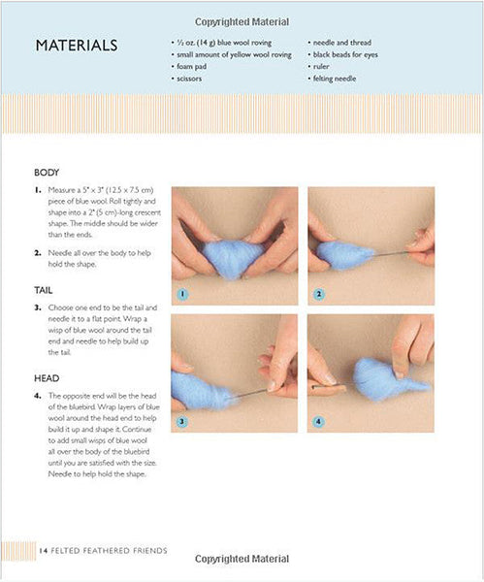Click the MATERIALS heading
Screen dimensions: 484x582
coord(77,46)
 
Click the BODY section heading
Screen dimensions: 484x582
coord(47,173)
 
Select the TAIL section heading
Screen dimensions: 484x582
coord(44,290)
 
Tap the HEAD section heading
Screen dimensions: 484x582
coord(47,378)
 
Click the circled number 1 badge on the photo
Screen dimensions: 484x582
coord(182,294)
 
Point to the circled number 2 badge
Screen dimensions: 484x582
coord(319,294)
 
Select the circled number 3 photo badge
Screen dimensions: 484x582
coord(182,422)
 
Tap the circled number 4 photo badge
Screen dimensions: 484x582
coord(318,422)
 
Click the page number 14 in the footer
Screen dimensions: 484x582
coord(43,551)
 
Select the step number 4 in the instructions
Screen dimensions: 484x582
coord(38,396)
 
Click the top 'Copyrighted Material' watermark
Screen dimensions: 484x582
coord(242,22)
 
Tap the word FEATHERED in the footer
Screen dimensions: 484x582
coord(107,551)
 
